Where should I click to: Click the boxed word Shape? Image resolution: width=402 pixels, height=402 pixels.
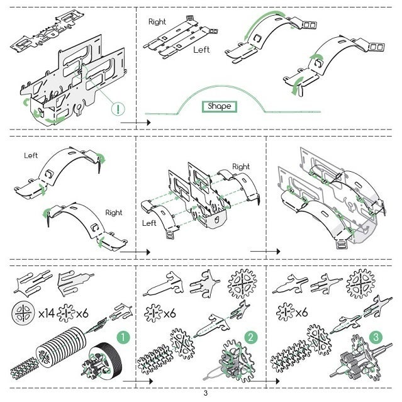coord(220,106)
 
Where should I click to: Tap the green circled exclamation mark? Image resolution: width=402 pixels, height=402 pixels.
coord(118,108)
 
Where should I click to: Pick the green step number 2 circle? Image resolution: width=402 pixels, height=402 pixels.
coord(251,337)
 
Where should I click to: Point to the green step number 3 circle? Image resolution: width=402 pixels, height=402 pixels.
coord(376,337)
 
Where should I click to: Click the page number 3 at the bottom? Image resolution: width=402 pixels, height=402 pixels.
coord(205,394)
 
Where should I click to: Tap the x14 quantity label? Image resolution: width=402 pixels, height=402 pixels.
coord(47,313)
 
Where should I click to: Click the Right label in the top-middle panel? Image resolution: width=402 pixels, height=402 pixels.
coord(157,22)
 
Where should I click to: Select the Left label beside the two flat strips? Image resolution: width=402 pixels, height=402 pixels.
coord(201,50)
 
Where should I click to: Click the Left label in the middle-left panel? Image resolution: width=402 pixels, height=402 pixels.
coord(31,155)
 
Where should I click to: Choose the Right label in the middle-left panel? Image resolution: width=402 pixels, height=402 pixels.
coord(114,213)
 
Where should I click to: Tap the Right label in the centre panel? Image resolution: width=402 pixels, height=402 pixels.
coord(241,167)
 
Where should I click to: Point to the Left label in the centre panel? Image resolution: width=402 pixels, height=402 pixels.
coord(149,223)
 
